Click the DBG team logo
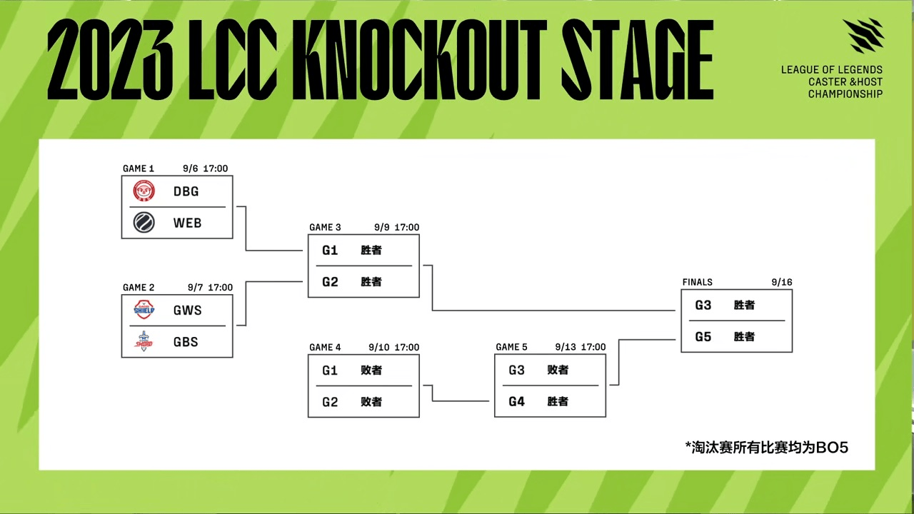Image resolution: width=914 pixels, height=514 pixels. (x=144, y=191)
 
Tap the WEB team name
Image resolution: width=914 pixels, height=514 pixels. (x=187, y=223)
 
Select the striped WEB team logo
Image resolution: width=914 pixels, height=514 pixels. (x=144, y=223)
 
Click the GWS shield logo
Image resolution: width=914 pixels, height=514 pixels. (x=144, y=310)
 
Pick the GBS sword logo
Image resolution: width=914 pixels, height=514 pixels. (x=144, y=341)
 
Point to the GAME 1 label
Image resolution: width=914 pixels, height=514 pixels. (x=139, y=168)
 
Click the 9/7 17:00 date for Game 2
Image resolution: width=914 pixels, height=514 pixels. (x=210, y=288)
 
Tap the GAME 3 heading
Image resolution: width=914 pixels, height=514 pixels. (x=325, y=227)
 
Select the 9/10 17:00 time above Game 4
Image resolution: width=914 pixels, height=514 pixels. (x=393, y=347)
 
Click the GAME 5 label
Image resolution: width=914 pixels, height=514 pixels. (x=511, y=347)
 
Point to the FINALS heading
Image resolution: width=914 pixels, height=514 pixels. (x=698, y=282)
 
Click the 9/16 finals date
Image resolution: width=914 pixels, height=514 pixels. (x=782, y=282)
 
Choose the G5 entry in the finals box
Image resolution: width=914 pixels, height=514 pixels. (x=703, y=336)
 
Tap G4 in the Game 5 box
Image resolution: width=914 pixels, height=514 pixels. (x=516, y=402)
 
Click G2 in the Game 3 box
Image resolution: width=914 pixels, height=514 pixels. (x=330, y=282)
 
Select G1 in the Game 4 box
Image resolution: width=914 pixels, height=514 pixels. (x=330, y=371)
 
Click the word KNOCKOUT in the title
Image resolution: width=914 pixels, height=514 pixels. (x=424, y=59)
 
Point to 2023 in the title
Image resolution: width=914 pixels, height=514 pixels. (x=110, y=59)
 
